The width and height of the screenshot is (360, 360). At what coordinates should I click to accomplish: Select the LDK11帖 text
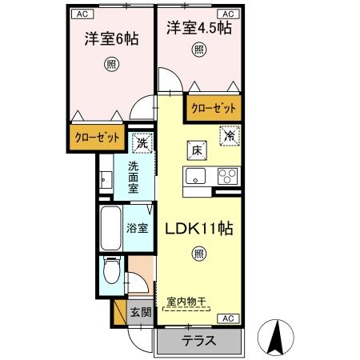pyautogui.click(x=198, y=229)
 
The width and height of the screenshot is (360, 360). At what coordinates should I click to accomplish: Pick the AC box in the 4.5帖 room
pyautogui.click(x=226, y=14)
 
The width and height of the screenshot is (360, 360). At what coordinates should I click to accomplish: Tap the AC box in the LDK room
pyautogui.click(x=226, y=318)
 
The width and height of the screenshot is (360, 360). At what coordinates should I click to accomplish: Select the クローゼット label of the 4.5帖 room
pyautogui.click(x=214, y=106)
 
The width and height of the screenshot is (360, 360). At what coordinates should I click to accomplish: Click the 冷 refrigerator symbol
pyautogui.click(x=228, y=136)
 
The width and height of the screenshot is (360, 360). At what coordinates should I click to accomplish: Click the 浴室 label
pyautogui.click(x=137, y=227)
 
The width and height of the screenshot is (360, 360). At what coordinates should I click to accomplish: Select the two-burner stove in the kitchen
pyautogui.click(x=226, y=178)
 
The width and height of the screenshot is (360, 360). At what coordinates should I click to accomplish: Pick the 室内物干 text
pyautogui.click(x=186, y=302)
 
